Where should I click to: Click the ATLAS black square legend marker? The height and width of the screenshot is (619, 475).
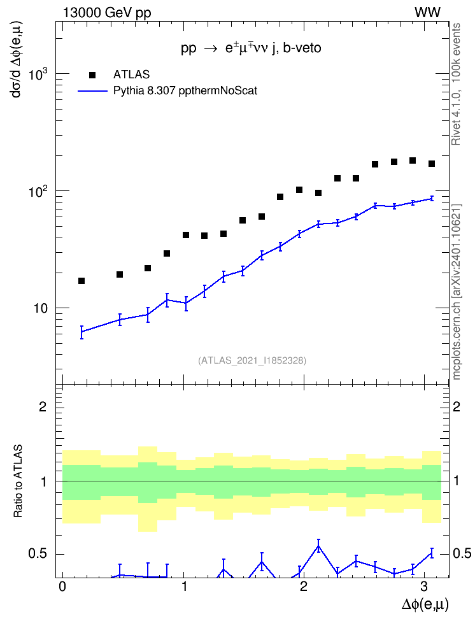tap(92, 75)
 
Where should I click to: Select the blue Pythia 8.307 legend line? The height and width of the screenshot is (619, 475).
tap(92, 91)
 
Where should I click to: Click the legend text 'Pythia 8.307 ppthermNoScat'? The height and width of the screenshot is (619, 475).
tap(185, 91)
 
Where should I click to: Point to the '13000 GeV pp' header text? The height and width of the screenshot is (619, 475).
tap(107, 13)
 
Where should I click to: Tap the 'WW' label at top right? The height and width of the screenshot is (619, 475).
tap(427, 13)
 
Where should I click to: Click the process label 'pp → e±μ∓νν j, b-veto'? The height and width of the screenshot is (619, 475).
tap(251, 48)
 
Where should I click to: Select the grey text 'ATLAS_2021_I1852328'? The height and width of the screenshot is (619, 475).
tap(252, 360)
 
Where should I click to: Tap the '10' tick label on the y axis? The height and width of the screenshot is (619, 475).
tap(40, 308)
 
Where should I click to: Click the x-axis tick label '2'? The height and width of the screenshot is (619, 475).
tap(303, 587)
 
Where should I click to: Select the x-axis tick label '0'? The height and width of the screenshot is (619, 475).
tap(62, 587)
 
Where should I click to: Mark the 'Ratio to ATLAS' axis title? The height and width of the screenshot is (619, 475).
tap(18, 481)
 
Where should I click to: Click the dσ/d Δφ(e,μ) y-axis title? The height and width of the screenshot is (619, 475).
tap(17, 59)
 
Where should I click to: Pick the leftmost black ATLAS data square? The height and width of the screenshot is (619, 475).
tap(82, 281)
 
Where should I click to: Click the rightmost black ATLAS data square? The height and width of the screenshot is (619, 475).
tap(432, 164)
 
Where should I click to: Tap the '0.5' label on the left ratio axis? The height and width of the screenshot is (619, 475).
tap(38, 554)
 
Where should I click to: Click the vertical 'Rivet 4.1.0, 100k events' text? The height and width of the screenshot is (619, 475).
tap(456, 84)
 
